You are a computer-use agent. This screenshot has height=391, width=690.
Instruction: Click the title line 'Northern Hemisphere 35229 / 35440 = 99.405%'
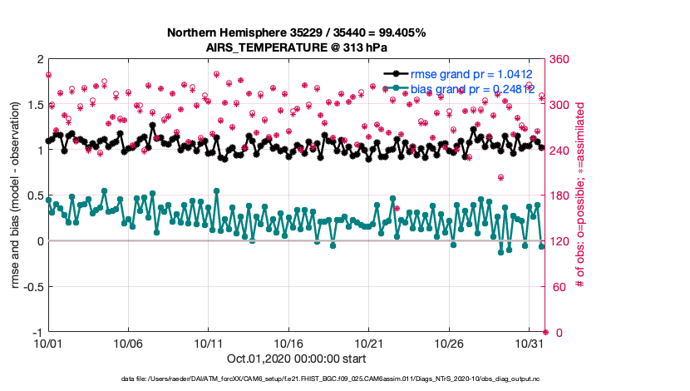(297, 32)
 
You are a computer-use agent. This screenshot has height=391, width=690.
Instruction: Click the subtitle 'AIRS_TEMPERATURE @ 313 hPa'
(297, 47)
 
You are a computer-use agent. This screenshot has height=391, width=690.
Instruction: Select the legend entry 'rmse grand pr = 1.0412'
(470, 74)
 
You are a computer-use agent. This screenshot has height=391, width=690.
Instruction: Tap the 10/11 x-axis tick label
(209, 343)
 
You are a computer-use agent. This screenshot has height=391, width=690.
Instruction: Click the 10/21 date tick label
(369, 343)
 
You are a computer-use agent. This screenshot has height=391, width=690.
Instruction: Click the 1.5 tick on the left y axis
(33, 105)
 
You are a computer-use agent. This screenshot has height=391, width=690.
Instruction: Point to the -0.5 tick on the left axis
(31, 287)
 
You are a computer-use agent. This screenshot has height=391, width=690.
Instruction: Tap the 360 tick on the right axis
(561, 60)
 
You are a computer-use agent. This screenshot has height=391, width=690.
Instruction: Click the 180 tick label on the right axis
(561, 196)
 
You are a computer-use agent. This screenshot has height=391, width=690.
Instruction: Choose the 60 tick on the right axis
(558, 287)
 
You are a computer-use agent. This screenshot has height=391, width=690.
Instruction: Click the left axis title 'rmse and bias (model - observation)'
(16, 196)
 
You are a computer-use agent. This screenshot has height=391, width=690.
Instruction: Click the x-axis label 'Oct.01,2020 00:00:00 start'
(297, 359)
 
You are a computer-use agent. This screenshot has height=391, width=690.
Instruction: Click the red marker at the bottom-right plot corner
(545, 332)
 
